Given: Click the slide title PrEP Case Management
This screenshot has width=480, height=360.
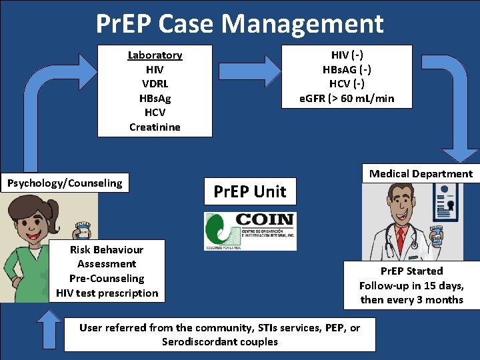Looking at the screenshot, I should pyautogui.click(x=240, y=24).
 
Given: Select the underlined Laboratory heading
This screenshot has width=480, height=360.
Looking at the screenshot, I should pyautogui.click(x=155, y=55).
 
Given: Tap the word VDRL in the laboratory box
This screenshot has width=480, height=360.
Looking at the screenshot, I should pyautogui.click(x=155, y=84).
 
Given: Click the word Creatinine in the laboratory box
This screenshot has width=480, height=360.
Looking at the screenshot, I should pyautogui.click(x=155, y=127).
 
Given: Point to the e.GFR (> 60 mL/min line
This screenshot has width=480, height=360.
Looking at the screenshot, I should pyautogui.click(x=347, y=99).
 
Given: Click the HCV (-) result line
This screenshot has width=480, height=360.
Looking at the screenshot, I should pyautogui.click(x=347, y=84).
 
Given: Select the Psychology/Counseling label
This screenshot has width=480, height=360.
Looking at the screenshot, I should pyautogui.click(x=65, y=183).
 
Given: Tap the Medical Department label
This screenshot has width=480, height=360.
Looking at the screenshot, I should pyautogui.click(x=421, y=174).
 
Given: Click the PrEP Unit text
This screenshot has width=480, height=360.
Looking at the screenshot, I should pyautogui.click(x=249, y=192).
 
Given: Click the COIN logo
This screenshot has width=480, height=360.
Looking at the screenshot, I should pyautogui.click(x=249, y=231).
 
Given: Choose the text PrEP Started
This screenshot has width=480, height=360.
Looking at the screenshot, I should pyautogui.click(x=411, y=271).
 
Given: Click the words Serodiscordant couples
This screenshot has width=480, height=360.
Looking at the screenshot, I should pyautogui.click(x=219, y=342).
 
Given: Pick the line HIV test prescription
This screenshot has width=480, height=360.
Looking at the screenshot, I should pyautogui.click(x=107, y=293).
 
